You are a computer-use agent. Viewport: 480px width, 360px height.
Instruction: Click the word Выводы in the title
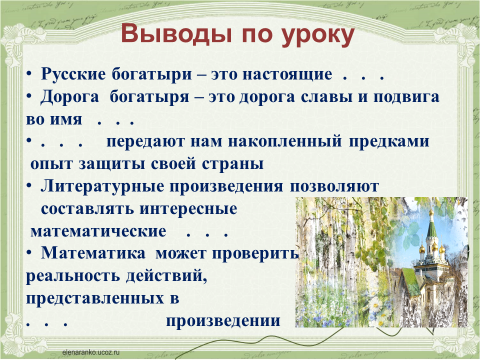[x=176, y=33]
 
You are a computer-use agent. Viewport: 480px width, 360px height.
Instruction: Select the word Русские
[x=73, y=74]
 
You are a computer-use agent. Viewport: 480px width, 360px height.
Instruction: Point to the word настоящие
[x=287, y=75]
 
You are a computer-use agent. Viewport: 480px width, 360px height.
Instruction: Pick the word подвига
[x=406, y=97]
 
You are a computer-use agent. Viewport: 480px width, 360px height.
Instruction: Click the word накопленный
[x=285, y=142]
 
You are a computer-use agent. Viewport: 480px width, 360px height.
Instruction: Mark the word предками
[x=389, y=142]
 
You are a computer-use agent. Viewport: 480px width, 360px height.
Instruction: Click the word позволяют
[x=334, y=187]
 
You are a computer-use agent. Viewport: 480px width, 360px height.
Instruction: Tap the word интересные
[x=188, y=209]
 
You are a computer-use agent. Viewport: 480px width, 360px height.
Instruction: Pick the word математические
[x=98, y=232]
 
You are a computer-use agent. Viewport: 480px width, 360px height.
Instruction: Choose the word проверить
[x=256, y=254]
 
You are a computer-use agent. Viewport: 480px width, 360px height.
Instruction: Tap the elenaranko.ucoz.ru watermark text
[x=90, y=352]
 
